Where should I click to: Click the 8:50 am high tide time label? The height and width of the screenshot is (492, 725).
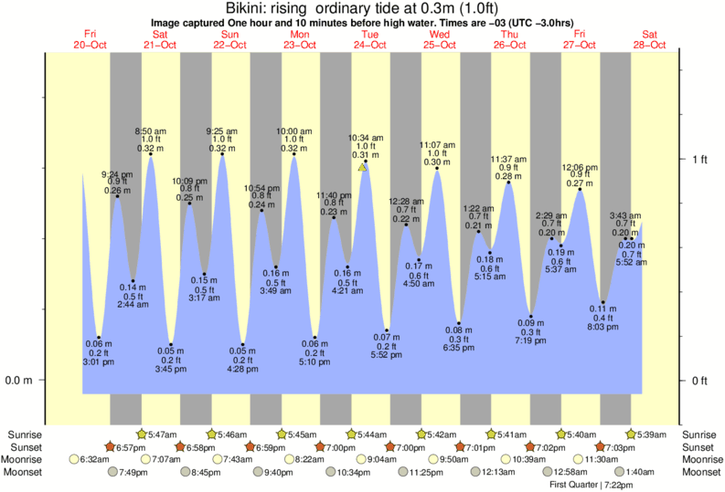[x=150, y=131]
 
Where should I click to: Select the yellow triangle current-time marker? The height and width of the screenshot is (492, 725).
[x=363, y=167]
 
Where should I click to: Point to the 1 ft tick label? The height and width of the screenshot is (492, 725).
[x=698, y=159]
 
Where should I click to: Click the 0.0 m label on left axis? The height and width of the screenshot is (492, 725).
[x=18, y=381]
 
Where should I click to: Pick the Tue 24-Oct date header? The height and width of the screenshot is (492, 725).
[x=370, y=40]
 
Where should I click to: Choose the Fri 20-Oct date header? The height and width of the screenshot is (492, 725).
[x=90, y=40]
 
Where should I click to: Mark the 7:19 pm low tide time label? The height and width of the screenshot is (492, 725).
[x=531, y=340]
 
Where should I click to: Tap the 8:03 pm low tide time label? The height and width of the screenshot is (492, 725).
[x=603, y=326]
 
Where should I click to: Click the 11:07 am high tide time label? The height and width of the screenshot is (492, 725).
[x=438, y=144]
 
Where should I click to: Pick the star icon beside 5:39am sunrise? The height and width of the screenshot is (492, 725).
[x=631, y=434]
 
